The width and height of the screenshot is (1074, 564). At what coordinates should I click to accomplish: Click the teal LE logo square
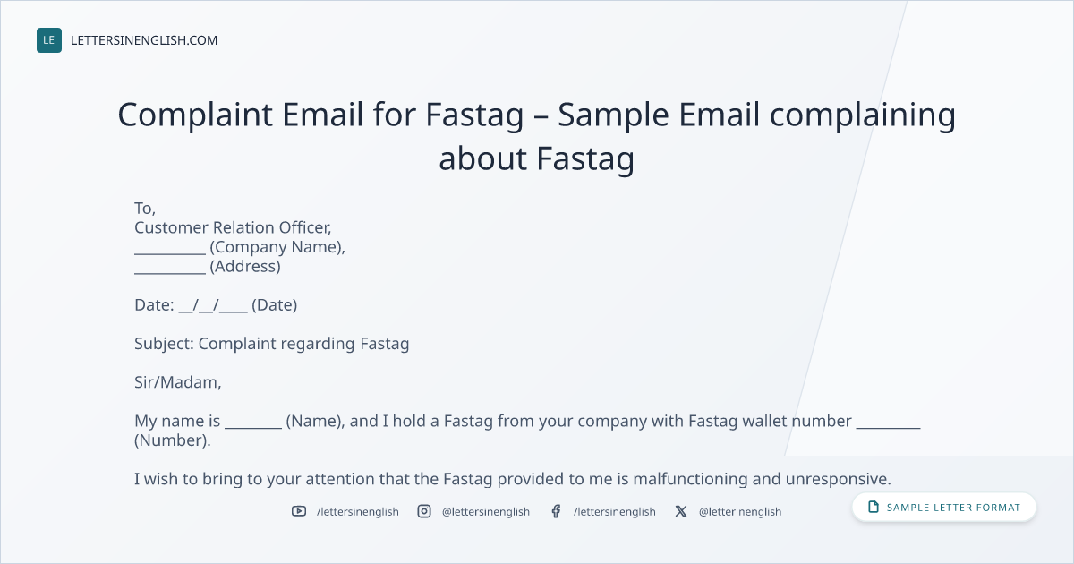click(49, 40)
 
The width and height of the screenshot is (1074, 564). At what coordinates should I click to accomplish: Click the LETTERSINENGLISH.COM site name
click(144, 40)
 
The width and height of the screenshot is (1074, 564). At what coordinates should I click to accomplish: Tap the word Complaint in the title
click(195, 115)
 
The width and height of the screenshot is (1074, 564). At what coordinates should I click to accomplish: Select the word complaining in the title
click(863, 115)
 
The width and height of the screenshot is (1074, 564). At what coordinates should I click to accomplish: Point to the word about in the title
click(482, 158)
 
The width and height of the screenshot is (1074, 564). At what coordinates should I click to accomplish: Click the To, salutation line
click(145, 208)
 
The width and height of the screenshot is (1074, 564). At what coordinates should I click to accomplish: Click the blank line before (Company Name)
click(170, 254)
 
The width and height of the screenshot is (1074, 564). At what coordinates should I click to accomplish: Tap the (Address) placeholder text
click(245, 266)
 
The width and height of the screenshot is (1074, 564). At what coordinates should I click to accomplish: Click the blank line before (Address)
click(170, 273)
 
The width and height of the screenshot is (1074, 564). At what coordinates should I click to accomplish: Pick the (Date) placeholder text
click(274, 305)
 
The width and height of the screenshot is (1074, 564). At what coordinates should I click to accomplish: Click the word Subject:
click(164, 344)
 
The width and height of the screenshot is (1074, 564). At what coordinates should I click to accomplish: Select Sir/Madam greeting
click(177, 382)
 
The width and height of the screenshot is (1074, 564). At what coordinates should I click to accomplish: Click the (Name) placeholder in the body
click(315, 421)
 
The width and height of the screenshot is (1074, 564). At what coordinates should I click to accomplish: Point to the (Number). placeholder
click(172, 440)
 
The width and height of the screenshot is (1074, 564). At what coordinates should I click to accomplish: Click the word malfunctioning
click(690, 479)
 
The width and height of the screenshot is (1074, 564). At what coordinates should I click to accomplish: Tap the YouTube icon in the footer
click(299, 511)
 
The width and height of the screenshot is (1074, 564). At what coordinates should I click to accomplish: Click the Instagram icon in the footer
click(424, 511)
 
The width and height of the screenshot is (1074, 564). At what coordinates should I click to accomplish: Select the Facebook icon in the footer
click(556, 511)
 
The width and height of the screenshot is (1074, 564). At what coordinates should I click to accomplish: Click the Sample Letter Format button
click(943, 508)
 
